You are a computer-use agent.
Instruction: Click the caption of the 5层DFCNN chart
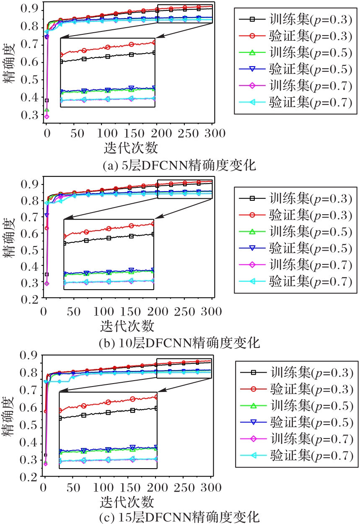[179, 165]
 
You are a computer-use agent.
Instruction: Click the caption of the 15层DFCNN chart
[179, 516]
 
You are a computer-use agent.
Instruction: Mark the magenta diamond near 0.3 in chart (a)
[47, 116]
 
